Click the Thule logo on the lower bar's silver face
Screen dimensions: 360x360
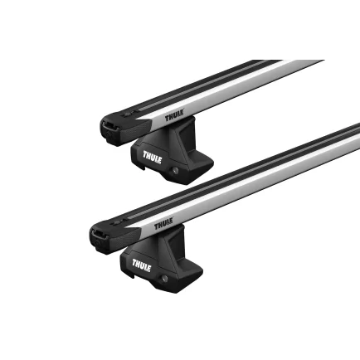pos(163,224)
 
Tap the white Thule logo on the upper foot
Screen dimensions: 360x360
pos(153,155)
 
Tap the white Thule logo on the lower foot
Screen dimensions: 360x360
pos(141,266)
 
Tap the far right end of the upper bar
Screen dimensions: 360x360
pos(320,62)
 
